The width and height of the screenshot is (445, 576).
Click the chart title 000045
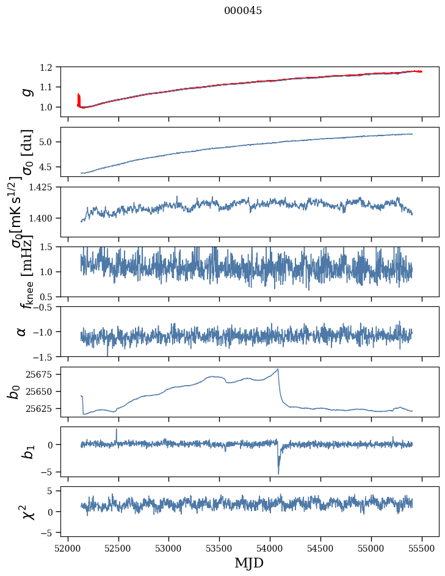pyautogui.click(x=243, y=11)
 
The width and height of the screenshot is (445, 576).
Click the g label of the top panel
pyautogui.click(x=26, y=92)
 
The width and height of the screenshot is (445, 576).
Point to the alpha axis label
pyautogui.click(x=22, y=331)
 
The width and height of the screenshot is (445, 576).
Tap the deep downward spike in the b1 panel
pyautogui.click(x=278, y=473)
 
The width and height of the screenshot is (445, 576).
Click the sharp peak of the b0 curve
pyautogui.click(x=278, y=369)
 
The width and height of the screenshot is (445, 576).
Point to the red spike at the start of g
pyautogui.click(x=78, y=96)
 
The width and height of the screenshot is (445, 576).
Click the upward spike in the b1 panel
pyautogui.click(x=117, y=429)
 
